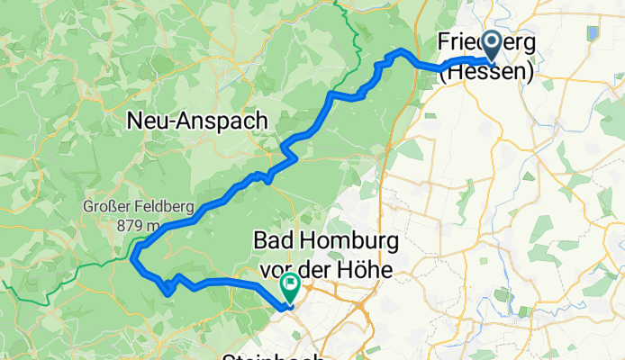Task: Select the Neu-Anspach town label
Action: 197,120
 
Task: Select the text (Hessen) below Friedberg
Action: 485,73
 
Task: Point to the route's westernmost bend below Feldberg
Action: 133,259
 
